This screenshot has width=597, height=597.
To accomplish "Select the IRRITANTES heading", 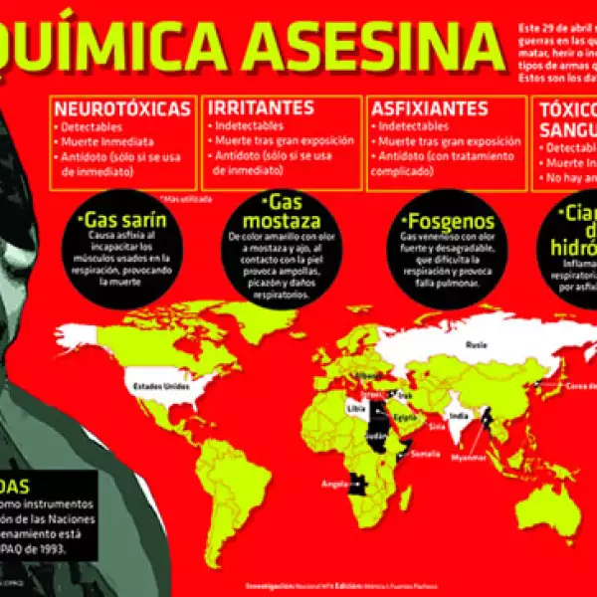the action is pos(262,107).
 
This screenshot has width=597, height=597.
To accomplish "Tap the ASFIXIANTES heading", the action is pos(429,107).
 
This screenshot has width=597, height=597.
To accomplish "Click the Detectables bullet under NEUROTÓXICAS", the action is pos(91,127).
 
